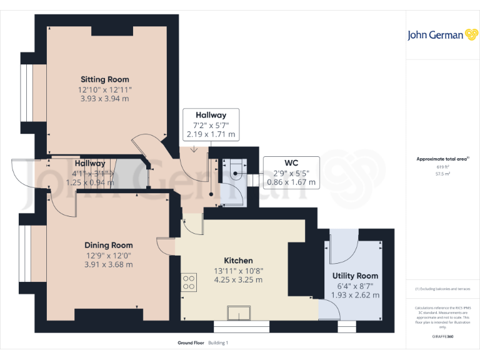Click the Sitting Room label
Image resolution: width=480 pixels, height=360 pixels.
(x=105, y=79)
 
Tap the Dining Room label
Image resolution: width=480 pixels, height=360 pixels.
(x=109, y=245)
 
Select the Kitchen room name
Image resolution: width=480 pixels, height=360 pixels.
(x=239, y=260)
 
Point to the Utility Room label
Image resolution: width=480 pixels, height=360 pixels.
(x=355, y=276)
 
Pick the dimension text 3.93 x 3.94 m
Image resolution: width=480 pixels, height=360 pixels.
(x=105, y=98)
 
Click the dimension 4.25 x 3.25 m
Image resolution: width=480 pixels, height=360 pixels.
(x=239, y=279)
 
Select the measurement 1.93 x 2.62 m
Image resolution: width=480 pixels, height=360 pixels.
(x=355, y=295)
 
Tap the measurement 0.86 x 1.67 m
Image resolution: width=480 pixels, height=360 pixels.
(x=291, y=182)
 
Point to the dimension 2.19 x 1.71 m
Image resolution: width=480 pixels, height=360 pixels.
(x=211, y=134)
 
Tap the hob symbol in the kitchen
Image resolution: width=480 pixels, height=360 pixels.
(x=188, y=282)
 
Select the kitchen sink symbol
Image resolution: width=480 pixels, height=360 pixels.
(x=239, y=312)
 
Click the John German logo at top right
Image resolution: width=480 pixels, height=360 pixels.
(x=443, y=35)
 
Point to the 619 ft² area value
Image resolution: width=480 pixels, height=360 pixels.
(x=442, y=167)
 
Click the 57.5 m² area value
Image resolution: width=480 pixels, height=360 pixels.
(x=442, y=174)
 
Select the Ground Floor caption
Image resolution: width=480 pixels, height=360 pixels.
(x=191, y=343)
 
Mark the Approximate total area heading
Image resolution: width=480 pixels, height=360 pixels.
(x=441, y=159)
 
